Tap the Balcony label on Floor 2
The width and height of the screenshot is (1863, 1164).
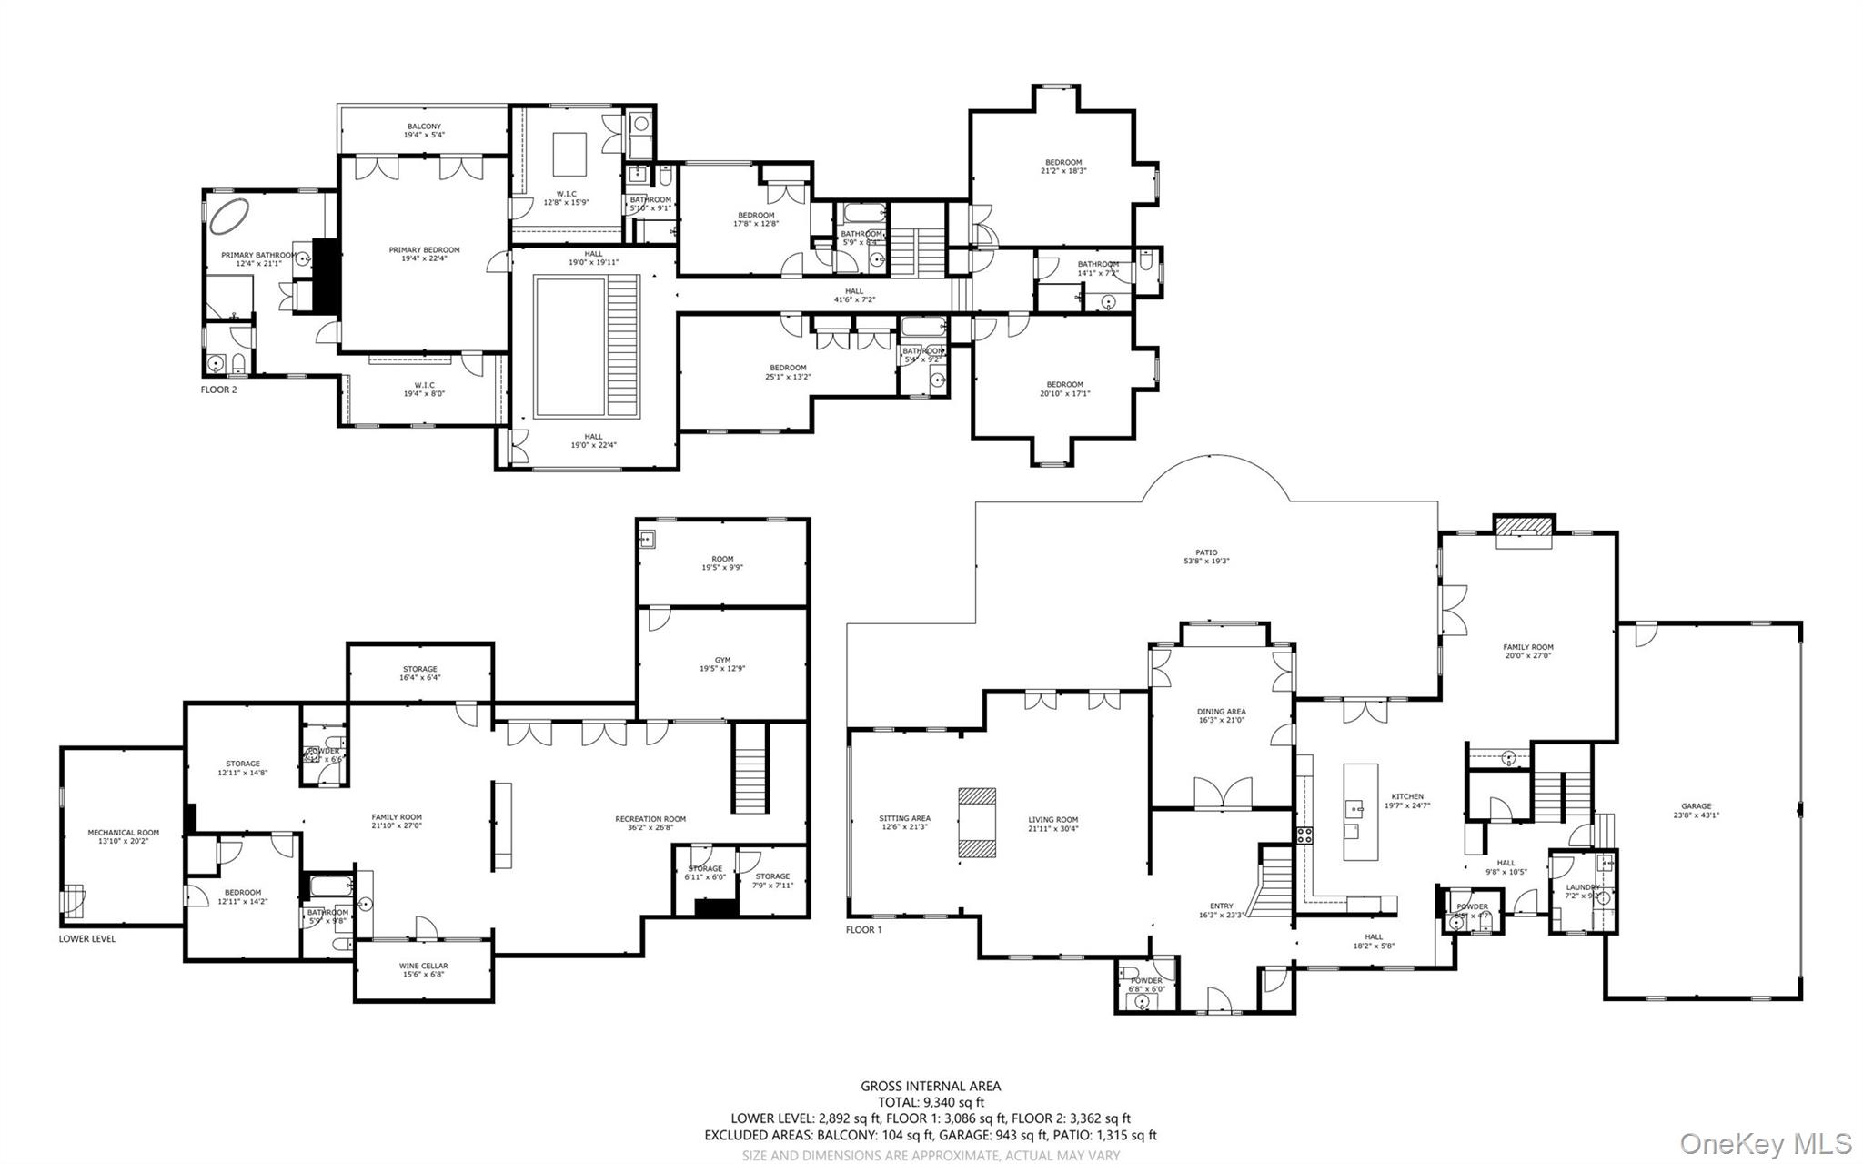click(424, 127)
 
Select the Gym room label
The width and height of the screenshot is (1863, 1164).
click(722, 660)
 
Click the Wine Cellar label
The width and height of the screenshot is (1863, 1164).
click(423, 966)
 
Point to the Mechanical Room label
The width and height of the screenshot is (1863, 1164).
click(123, 832)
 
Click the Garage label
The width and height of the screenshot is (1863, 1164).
click(1696, 805)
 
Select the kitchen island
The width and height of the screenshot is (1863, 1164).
click(1360, 813)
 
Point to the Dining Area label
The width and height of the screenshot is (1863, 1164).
click(1221, 712)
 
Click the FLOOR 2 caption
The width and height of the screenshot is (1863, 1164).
click(218, 390)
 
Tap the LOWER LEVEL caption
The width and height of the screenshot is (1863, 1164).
click(87, 938)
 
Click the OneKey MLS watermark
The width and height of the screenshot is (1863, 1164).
click(1765, 1143)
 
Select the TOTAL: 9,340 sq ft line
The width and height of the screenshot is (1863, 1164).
click(931, 1102)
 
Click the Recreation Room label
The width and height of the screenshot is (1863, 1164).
click(650, 818)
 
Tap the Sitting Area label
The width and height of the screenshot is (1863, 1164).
click(904, 818)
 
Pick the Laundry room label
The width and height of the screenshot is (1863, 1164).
click(1583, 887)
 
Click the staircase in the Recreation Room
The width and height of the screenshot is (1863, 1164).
click(750, 768)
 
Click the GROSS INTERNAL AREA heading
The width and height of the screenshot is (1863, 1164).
click(931, 1086)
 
